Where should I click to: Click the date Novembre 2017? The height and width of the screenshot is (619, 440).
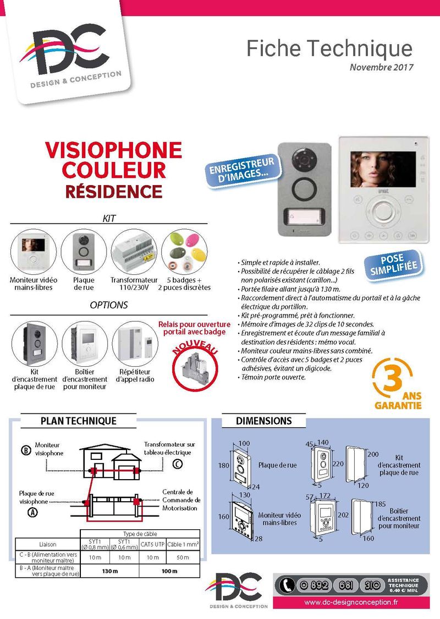pyautogui.click(x=381, y=68)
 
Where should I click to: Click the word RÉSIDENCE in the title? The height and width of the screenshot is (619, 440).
pyautogui.click(x=113, y=191)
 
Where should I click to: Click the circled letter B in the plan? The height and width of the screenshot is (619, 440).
pyautogui.click(x=25, y=450)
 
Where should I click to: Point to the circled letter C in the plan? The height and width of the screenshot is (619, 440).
pyautogui.click(x=177, y=464)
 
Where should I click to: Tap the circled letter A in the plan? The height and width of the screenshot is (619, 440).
pyautogui.click(x=34, y=512)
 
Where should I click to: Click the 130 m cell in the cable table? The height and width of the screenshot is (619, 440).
pyautogui.click(x=110, y=571)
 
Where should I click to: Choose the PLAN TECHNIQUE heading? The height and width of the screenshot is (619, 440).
pyautogui.click(x=79, y=421)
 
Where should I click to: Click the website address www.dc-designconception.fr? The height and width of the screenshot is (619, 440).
pyautogui.click(x=351, y=602)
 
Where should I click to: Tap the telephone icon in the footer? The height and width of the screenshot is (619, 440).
pyautogui.click(x=285, y=585)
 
